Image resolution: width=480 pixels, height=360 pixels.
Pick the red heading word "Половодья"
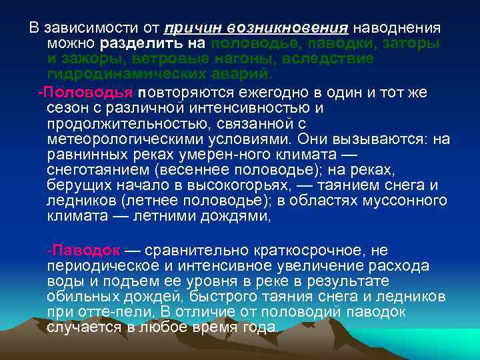(x=89, y=92)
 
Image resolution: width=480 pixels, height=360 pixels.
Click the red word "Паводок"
(x=86, y=251)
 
